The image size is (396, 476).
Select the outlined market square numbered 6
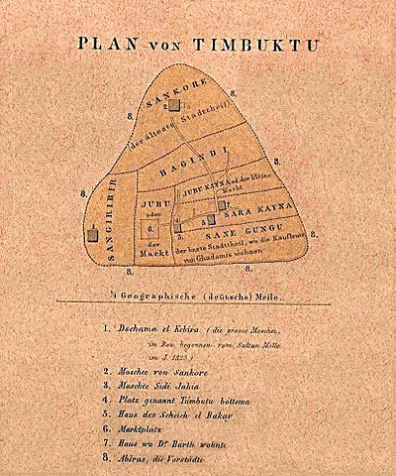coord(150,234)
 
